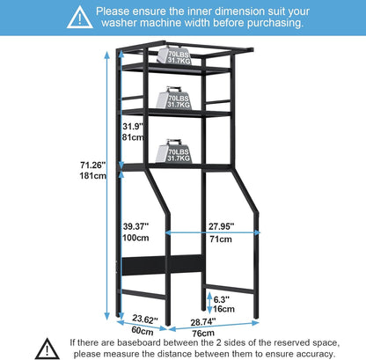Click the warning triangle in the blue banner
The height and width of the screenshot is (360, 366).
[80, 18]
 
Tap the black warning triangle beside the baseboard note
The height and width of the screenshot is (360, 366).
[47, 349]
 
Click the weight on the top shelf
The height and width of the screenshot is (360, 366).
[174, 55]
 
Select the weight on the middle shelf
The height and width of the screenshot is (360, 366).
[173, 98]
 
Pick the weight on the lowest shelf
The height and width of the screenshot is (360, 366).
[173, 151]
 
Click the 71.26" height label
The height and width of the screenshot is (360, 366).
[93, 165]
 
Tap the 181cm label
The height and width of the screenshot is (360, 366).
[92, 176]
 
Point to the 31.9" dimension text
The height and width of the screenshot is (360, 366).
[133, 126]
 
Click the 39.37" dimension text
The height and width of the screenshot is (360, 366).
[135, 226]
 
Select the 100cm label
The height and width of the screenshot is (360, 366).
[135, 238]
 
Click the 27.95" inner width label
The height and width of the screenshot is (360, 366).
[222, 226]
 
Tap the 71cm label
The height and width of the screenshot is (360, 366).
[221, 239]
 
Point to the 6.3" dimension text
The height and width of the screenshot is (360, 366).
[221, 299]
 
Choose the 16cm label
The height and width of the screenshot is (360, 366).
[223, 309]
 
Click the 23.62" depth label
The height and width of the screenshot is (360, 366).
[145, 319]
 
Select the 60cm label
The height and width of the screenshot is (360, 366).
[143, 330]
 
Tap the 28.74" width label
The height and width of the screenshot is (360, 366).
[203, 322]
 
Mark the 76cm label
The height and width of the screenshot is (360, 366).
[203, 334]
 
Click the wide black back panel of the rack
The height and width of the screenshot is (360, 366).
[163, 265]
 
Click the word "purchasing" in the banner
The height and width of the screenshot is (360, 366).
[275, 23]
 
